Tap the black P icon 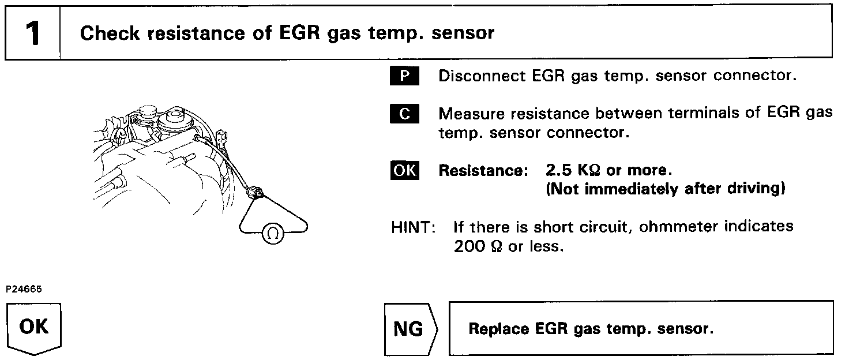(405, 76)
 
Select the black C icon (405, 114)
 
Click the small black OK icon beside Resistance (405, 171)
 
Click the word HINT (412, 227)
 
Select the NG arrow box (411, 329)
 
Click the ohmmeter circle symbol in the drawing (273, 232)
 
